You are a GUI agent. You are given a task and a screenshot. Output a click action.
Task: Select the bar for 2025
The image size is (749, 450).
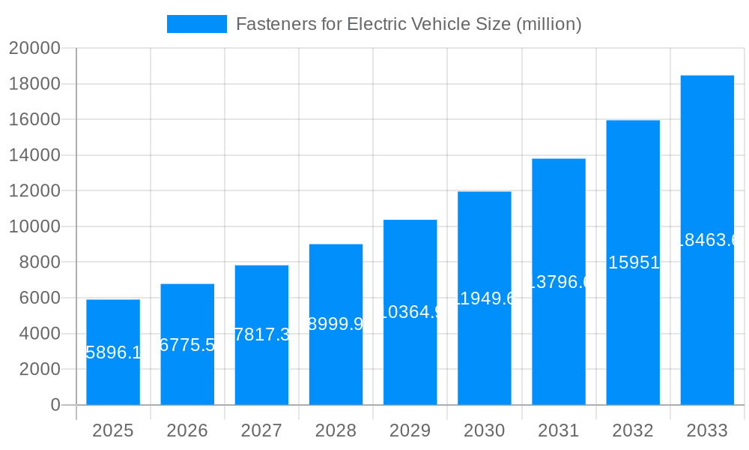click(113, 352)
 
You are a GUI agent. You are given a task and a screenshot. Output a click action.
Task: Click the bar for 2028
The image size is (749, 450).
click(336, 325)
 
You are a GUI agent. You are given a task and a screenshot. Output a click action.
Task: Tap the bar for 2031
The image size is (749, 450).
click(559, 282)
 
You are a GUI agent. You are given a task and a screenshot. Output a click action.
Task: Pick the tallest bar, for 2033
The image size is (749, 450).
click(707, 240)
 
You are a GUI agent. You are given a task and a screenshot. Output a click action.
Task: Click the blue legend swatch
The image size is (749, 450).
click(196, 24)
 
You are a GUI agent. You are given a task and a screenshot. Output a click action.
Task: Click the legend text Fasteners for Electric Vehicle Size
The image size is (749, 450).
click(408, 24)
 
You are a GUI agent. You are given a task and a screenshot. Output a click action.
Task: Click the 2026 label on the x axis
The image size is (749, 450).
click(187, 430)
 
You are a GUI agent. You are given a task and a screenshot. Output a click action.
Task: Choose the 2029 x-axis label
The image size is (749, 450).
click(410, 430)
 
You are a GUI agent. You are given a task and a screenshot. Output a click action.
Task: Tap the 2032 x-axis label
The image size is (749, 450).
click(633, 430)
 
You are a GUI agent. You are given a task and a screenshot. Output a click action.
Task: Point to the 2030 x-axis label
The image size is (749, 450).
click(484, 430)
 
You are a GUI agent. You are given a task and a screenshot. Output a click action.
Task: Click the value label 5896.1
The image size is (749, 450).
click(113, 352)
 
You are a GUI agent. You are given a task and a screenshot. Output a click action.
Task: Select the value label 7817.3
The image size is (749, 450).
click(261, 334)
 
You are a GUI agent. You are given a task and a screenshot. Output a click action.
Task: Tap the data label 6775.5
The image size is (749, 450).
click(187, 344)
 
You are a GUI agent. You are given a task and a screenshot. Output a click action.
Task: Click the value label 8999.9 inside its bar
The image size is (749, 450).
click(336, 324)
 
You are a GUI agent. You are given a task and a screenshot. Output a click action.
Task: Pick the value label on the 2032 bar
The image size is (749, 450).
click(634, 262)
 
